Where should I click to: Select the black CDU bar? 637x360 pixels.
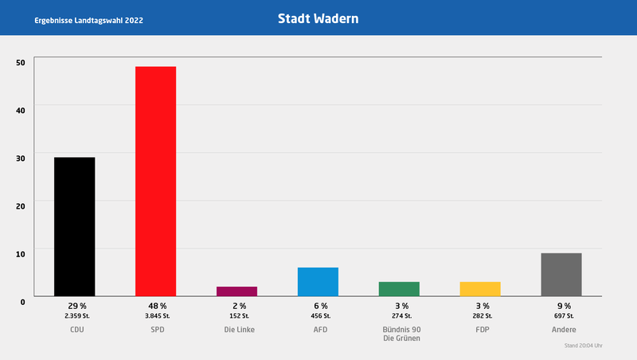pyautogui.click(x=74, y=226)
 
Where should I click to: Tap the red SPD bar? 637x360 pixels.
pyautogui.click(x=155, y=181)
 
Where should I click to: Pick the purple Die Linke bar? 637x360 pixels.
pyautogui.click(x=236, y=292)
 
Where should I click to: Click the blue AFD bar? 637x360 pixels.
pyautogui.click(x=318, y=282)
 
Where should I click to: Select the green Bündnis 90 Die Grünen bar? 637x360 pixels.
pyautogui.click(x=399, y=289)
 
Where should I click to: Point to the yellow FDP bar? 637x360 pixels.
pyautogui.click(x=480, y=289)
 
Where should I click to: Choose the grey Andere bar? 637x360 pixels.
pyautogui.click(x=561, y=275)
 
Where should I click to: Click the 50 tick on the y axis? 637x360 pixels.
pyautogui.click(x=21, y=62)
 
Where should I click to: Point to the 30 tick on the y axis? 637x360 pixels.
pyautogui.click(x=21, y=158)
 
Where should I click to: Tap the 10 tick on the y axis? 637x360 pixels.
pyautogui.click(x=21, y=253)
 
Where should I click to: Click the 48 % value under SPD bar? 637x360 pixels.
pyautogui.click(x=157, y=306)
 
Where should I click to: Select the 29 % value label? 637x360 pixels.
pyautogui.click(x=76, y=306)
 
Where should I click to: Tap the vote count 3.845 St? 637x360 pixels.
pyautogui.click(x=157, y=316)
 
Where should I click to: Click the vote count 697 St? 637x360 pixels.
pyautogui.click(x=563, y=316)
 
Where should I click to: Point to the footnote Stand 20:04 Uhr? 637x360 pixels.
pyautogui.click(x=584, y=346)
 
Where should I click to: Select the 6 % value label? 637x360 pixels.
pyautogui.click(x=320, y=306)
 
